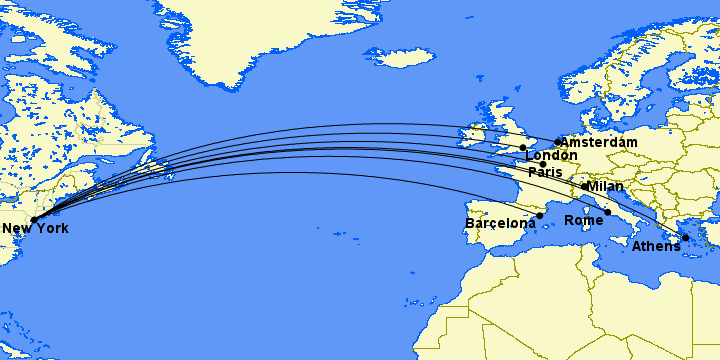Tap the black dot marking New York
click(x=34, y=219)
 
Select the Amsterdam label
click(x=599, y=143)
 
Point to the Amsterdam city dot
click(x=558, y=142)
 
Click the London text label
click(x=551, y=156)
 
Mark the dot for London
click(x=523, y=148)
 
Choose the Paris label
click(x=546, y=172)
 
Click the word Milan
click(x=605, y=186)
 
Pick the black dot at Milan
click(x=584, y=186)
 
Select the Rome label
click(x=584, y=220)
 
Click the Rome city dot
click(x=607, y=212)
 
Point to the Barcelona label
click(x=501, y=223)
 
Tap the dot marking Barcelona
click(x=540, y=215)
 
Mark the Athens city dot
click(x=686, y=237)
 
